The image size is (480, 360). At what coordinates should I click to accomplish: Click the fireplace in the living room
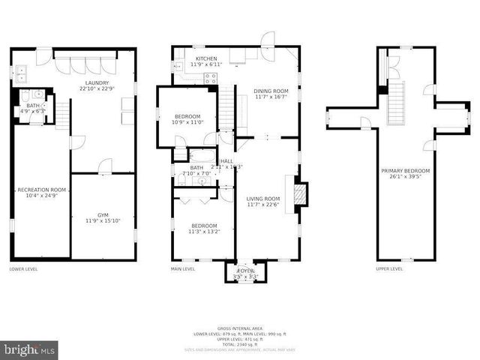[x=298, y=191]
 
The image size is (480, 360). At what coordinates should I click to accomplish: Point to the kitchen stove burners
[x=211, y=76]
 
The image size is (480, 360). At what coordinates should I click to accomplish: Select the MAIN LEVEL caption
[x=183, y=268]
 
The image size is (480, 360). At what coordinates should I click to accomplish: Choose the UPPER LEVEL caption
[x=389, y=268]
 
